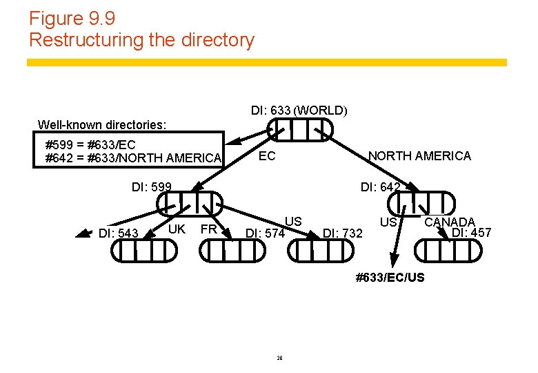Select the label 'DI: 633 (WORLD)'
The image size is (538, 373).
299,111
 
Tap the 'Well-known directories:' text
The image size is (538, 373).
102,125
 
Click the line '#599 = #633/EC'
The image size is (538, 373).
90,145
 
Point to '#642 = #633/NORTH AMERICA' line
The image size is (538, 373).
133,158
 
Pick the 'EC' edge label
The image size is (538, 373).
267,156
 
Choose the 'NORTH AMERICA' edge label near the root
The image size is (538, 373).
419,156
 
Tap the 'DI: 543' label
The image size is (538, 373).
119,233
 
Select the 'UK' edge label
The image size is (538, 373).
177,229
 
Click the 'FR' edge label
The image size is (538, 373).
208,229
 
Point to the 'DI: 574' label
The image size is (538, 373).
266,233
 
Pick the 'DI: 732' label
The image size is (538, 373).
343,233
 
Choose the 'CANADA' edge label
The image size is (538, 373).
450,222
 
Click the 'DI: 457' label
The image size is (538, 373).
471,233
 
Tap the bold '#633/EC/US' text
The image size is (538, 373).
390,278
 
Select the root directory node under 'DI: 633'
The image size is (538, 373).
300,129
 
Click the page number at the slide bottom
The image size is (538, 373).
281,357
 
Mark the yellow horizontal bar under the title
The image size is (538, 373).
267,62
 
